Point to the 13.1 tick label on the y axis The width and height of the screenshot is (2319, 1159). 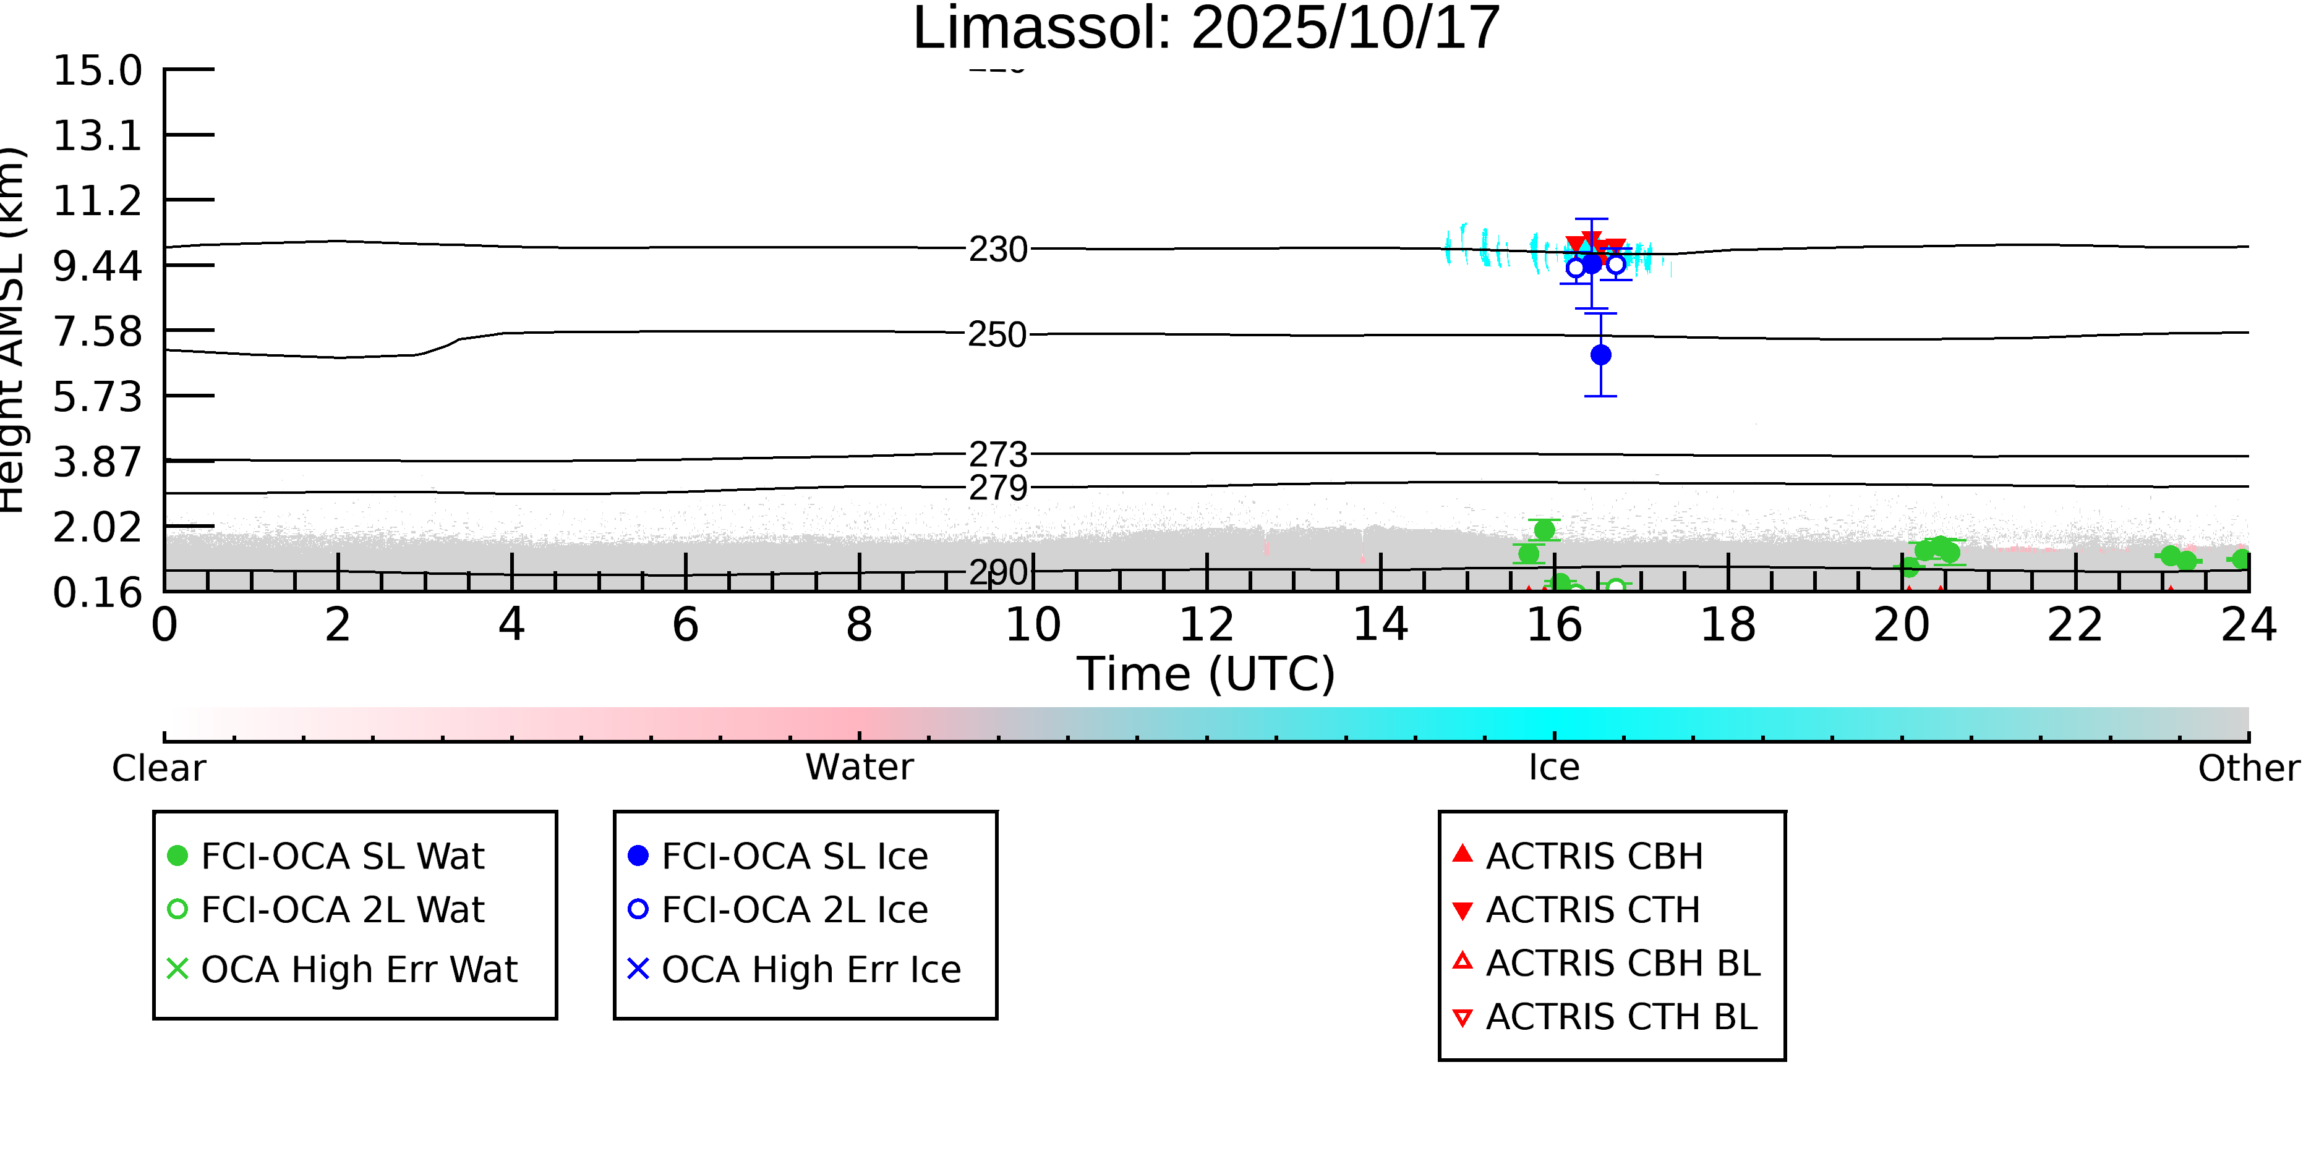click(x=97, y=137)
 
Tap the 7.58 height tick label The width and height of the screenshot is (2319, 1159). click(x=97, y=332)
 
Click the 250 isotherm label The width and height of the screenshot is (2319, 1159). click(x=997, y=336)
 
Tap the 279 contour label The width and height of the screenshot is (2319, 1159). click(x=997, y=488)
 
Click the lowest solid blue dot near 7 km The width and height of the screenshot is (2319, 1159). click(x=1600, y=355)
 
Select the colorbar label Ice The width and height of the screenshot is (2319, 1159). click(x=1554, y=768)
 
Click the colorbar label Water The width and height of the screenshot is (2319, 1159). click(x=859, y=768)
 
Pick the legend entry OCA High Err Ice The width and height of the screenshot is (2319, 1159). click(x=810, y=970)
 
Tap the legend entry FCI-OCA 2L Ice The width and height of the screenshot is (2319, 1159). click(x=794, y=911)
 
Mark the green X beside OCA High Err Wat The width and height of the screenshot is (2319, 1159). click(x=178, y=969)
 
